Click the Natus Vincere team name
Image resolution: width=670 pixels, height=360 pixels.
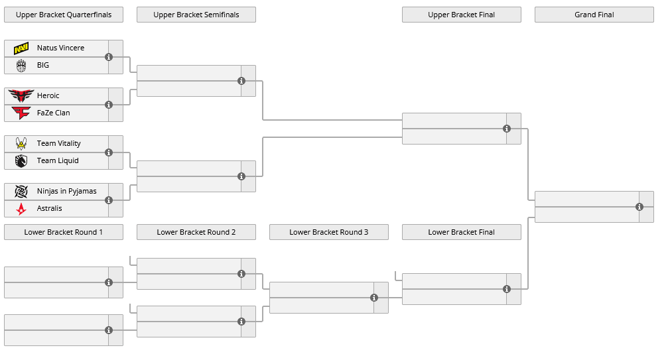[60, 48]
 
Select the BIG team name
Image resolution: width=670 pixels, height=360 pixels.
[43, 65]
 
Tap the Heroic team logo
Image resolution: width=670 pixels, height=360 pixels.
[21, 95]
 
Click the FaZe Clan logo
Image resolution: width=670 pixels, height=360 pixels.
[21, 113]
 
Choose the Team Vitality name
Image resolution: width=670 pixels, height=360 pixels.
[58, 143]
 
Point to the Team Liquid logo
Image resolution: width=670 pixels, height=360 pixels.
[21, 160]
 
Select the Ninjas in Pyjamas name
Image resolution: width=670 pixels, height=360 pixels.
[66, 191]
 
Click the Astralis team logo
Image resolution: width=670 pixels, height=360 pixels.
[21, 208]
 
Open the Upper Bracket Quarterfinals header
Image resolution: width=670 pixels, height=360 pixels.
[64, 15]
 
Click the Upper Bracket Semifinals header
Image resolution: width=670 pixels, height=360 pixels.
[196, 15]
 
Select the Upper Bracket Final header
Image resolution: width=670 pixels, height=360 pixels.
[462, 15]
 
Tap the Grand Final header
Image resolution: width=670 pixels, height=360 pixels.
[594, 15]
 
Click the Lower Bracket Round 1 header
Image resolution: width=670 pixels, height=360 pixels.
[64, 232]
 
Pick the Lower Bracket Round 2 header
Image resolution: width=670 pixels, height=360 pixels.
[196, 232]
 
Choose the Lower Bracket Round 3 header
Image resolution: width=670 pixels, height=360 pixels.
[329, 232]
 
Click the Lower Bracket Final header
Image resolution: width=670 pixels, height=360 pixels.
[462, 232]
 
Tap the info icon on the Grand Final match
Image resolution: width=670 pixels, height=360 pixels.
[639, 207]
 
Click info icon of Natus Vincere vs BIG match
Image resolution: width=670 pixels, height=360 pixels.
[109, 57]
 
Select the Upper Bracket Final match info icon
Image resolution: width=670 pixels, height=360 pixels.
[507, 129]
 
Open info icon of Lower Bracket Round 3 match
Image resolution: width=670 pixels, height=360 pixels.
[374, 298]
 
